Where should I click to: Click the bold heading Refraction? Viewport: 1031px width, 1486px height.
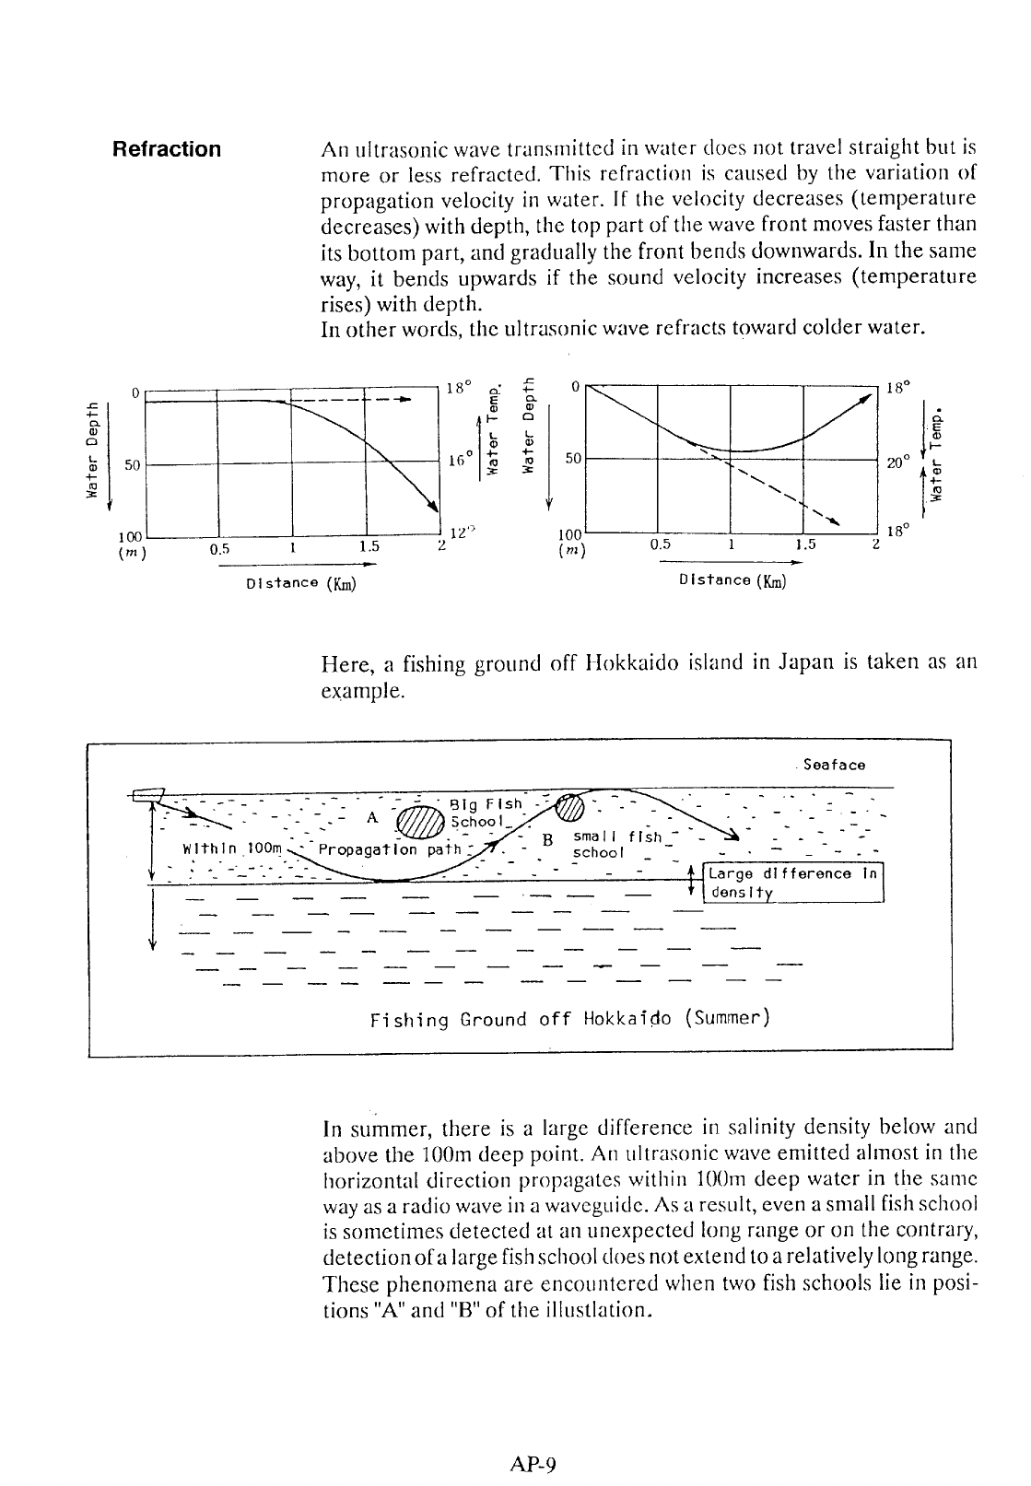click(x=166, y=149)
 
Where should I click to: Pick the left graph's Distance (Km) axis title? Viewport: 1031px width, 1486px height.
click(x=301, y=583)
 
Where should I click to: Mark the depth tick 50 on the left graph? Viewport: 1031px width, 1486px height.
click(x=131, y=465)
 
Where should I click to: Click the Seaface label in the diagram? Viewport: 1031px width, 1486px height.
click(x=834, y=765)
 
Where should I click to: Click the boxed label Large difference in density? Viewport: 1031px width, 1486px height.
click(x=793, y=883)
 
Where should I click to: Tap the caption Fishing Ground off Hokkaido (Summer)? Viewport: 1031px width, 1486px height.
click(x=568, y=1020)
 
